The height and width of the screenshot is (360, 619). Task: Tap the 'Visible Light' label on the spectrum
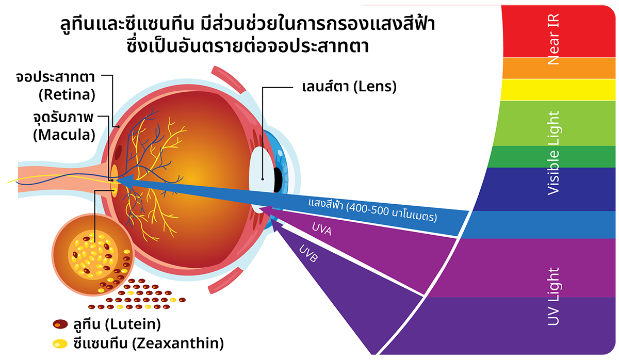553,153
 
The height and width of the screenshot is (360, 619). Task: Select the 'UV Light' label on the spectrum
553,297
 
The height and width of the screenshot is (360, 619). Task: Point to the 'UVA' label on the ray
322,230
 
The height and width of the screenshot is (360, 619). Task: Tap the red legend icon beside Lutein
60,324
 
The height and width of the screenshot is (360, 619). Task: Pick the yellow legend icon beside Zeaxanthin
60,343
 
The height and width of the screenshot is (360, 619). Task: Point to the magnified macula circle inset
93,258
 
